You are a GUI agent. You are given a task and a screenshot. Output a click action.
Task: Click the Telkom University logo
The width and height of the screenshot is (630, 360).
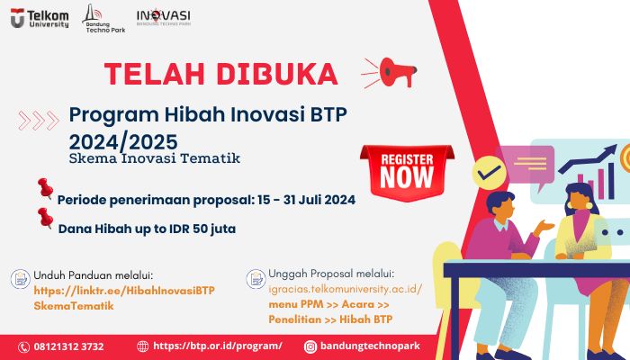tap(40, 18)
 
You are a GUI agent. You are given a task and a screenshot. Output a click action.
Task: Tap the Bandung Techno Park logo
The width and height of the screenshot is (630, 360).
tap(103, 19)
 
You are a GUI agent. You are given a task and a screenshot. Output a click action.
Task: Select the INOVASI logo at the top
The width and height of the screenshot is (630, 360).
tap(164, 17)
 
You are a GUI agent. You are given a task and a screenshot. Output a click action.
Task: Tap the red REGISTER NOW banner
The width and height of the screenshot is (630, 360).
tap(407, 172)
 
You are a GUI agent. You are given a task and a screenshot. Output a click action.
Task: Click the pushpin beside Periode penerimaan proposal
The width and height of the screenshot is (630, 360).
tap(45, 188)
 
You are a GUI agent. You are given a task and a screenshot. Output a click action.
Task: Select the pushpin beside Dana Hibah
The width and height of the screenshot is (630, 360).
tap(45, 218)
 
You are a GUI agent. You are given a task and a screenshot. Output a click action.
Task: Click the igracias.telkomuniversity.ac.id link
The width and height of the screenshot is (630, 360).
tap(345, 289)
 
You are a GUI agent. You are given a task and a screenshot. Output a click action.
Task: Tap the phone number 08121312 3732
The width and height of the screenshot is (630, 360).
tap(68, 346)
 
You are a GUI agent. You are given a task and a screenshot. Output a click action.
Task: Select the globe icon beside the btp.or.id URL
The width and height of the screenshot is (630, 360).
tap(142, 346)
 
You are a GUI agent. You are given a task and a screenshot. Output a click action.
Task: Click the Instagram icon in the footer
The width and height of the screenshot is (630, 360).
tap(310, 346)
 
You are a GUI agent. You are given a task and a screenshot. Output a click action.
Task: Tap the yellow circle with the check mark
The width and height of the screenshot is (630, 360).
tap(489, 173)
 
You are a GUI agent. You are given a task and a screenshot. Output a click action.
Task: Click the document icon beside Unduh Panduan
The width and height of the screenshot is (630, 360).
tap(20, 279)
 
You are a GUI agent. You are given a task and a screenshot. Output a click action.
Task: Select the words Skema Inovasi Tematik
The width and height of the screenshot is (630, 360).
tap(155, 158)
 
